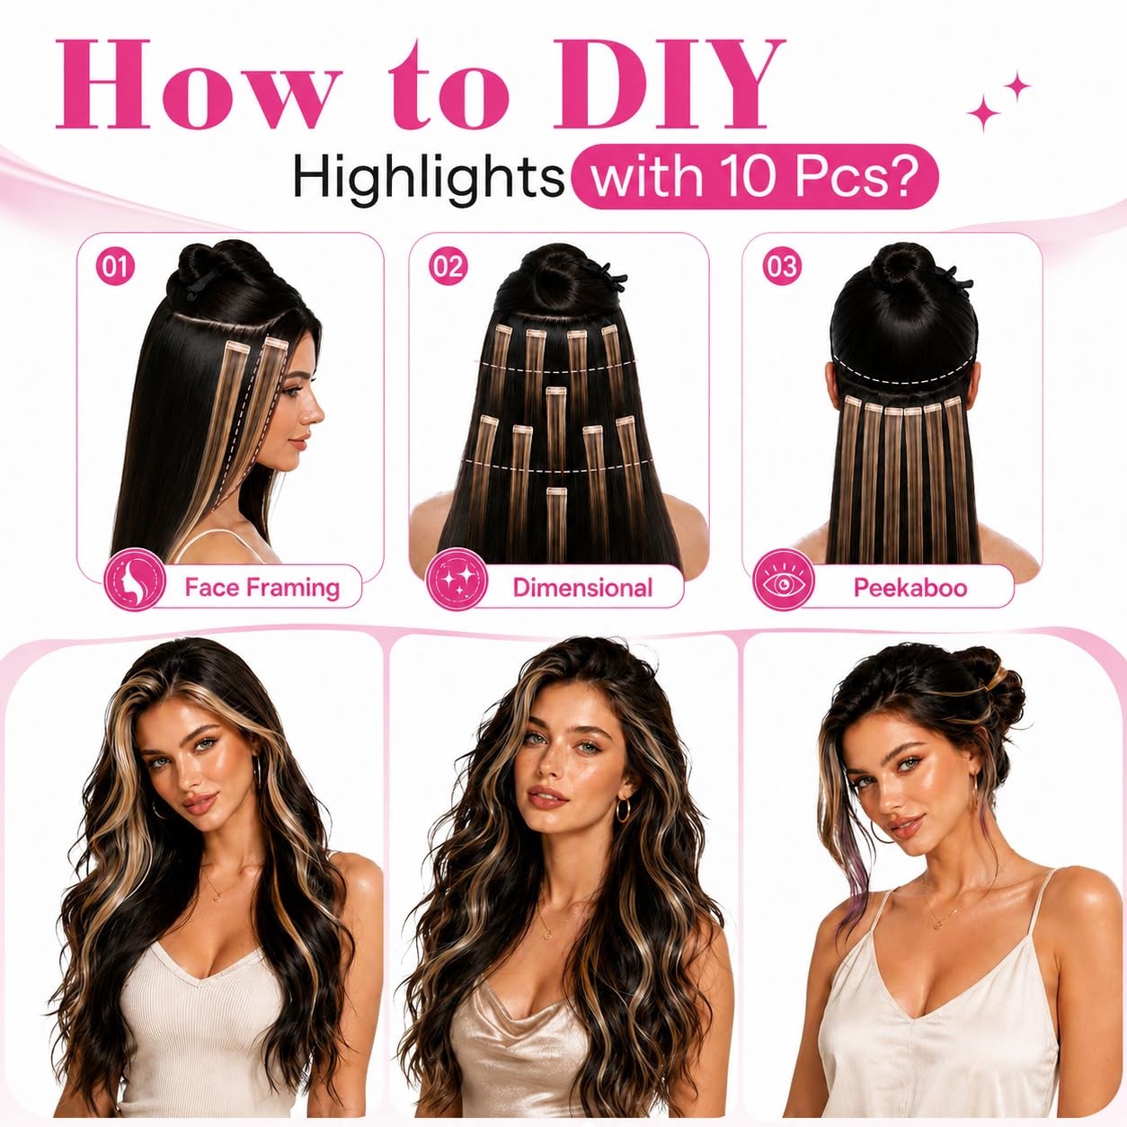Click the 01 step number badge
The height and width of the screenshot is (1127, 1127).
pos(115,268)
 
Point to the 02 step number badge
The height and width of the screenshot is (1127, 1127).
pos(448,267)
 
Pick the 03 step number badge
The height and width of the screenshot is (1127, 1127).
pos(781,267)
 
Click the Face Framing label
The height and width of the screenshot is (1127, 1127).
pos(262,587)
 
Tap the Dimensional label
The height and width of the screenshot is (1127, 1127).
pos(582,587)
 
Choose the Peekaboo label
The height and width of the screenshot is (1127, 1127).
pos(910,587)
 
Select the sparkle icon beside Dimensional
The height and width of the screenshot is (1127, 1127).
pos(457,579)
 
